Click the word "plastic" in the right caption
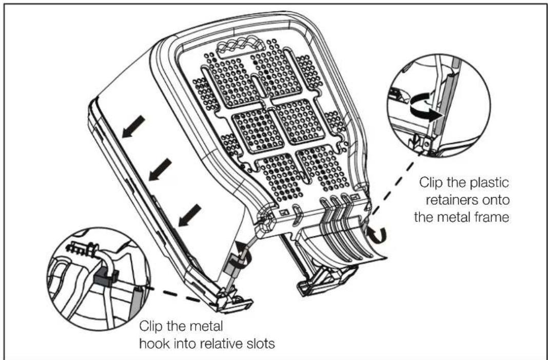point(488,183)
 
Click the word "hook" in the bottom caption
point(152,344)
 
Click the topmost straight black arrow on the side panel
point(133,126)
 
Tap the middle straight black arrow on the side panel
point(160,169)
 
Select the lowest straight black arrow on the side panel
point(189,215)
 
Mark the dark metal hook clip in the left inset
point(106,275)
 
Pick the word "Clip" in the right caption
point(430,183)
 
